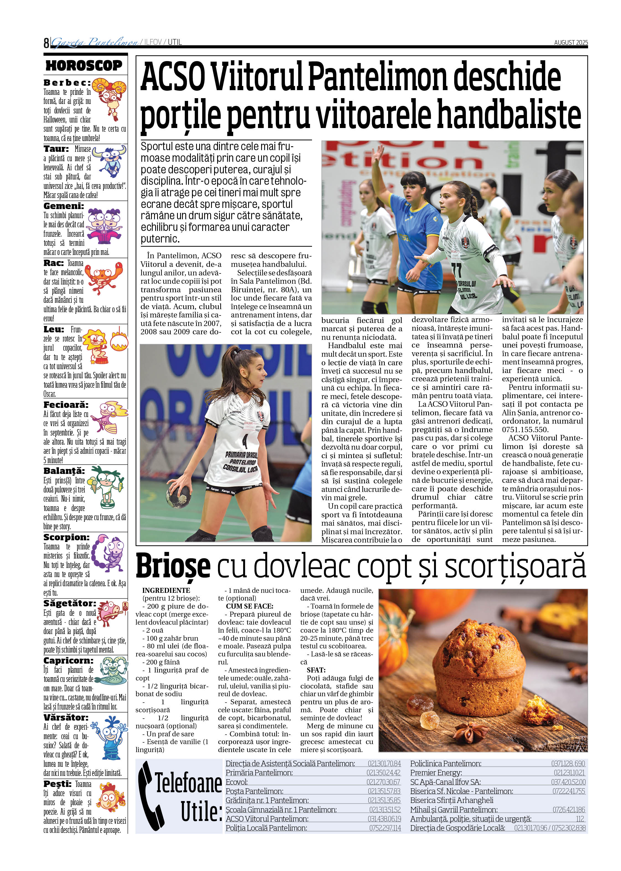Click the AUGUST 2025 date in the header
pos(571,42)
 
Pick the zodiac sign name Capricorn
pos(68,660)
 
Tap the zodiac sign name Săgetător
pos(70,603)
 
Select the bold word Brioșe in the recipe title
pos(173,566)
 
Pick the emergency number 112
pos(580,819)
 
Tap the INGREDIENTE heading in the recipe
pos(166,590)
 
